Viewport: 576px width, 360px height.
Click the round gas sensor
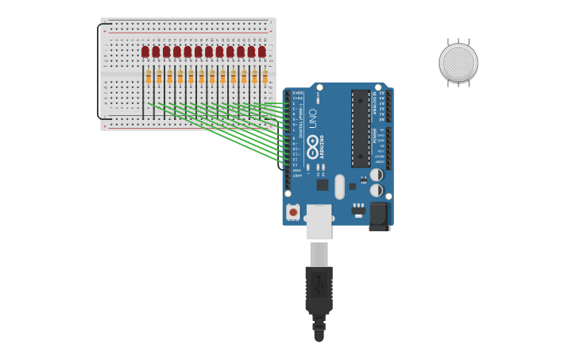(458, 63)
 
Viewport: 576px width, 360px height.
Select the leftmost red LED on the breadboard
(145, 52)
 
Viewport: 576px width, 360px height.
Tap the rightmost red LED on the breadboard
(261, 52)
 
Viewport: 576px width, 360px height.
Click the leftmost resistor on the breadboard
(149, 76)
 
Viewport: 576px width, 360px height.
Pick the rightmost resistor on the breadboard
(265, 76)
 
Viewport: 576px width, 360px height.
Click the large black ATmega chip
(361, 127)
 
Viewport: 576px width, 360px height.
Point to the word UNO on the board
(312, 118)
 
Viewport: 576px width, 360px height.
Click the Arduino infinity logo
(312, 146)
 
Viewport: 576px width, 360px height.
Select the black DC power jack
(379, 215)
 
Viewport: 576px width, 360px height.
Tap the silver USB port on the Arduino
(319, 222)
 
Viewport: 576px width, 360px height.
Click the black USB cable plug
(319, 290)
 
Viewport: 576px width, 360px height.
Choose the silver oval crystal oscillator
(339, 187)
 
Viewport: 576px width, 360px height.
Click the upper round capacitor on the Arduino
(377, 175)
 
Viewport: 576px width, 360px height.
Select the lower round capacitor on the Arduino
(377, 191)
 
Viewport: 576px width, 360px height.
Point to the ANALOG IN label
(374, 103)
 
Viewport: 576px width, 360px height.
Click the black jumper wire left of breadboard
(99, 72)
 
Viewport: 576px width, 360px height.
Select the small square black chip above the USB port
(322, 184)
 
